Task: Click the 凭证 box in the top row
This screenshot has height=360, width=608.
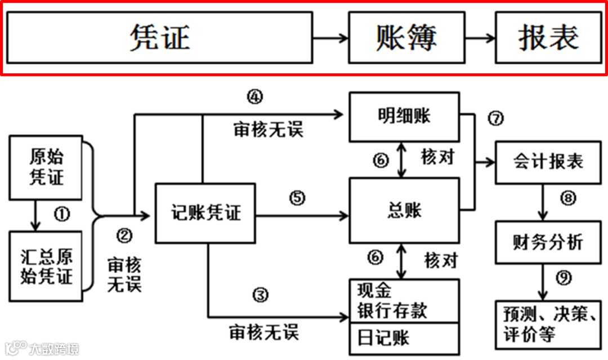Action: [159, 38]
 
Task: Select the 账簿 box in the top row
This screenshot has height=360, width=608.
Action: [406, 38]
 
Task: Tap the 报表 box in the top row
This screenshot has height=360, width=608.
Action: [548, 38]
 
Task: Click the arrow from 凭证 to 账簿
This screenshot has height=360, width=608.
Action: [330, 38]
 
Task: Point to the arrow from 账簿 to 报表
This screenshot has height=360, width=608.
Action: [480, 38]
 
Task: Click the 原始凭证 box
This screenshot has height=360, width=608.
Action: [47, 167]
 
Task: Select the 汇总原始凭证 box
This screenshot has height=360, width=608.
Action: [47, 267]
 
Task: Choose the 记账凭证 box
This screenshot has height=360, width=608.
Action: [205, 213]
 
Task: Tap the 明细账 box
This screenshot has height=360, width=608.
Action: [404, 117]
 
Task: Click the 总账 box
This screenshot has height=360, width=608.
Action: [404, 211]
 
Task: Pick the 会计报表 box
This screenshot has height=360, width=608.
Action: [548, 162]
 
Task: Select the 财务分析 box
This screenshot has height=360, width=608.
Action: [548, 242]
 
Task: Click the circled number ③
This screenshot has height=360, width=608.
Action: [259, 294]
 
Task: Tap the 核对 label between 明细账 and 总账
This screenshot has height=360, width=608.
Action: [437, 158]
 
